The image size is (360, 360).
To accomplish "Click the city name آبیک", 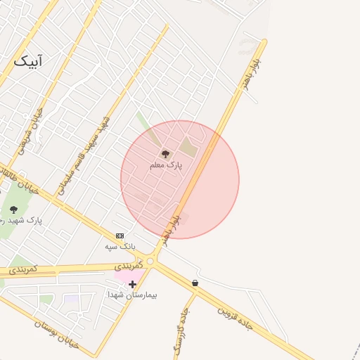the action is pos(27,62).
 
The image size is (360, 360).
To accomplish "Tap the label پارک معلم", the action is pos(166,165).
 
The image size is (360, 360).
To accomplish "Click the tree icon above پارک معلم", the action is pos(166,153).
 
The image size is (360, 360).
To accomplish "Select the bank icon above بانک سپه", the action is pos(120,236).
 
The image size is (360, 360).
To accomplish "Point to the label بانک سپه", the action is pos(120,246).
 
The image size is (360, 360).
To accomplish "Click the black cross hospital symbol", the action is pos(132,284).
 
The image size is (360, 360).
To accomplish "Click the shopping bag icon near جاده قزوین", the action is pos(195,283).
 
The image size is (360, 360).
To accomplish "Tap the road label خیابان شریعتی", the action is pos(29,130).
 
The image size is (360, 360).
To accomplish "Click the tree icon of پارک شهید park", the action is pos(13,210).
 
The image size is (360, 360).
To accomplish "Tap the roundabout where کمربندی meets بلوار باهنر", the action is pos(150,262).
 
